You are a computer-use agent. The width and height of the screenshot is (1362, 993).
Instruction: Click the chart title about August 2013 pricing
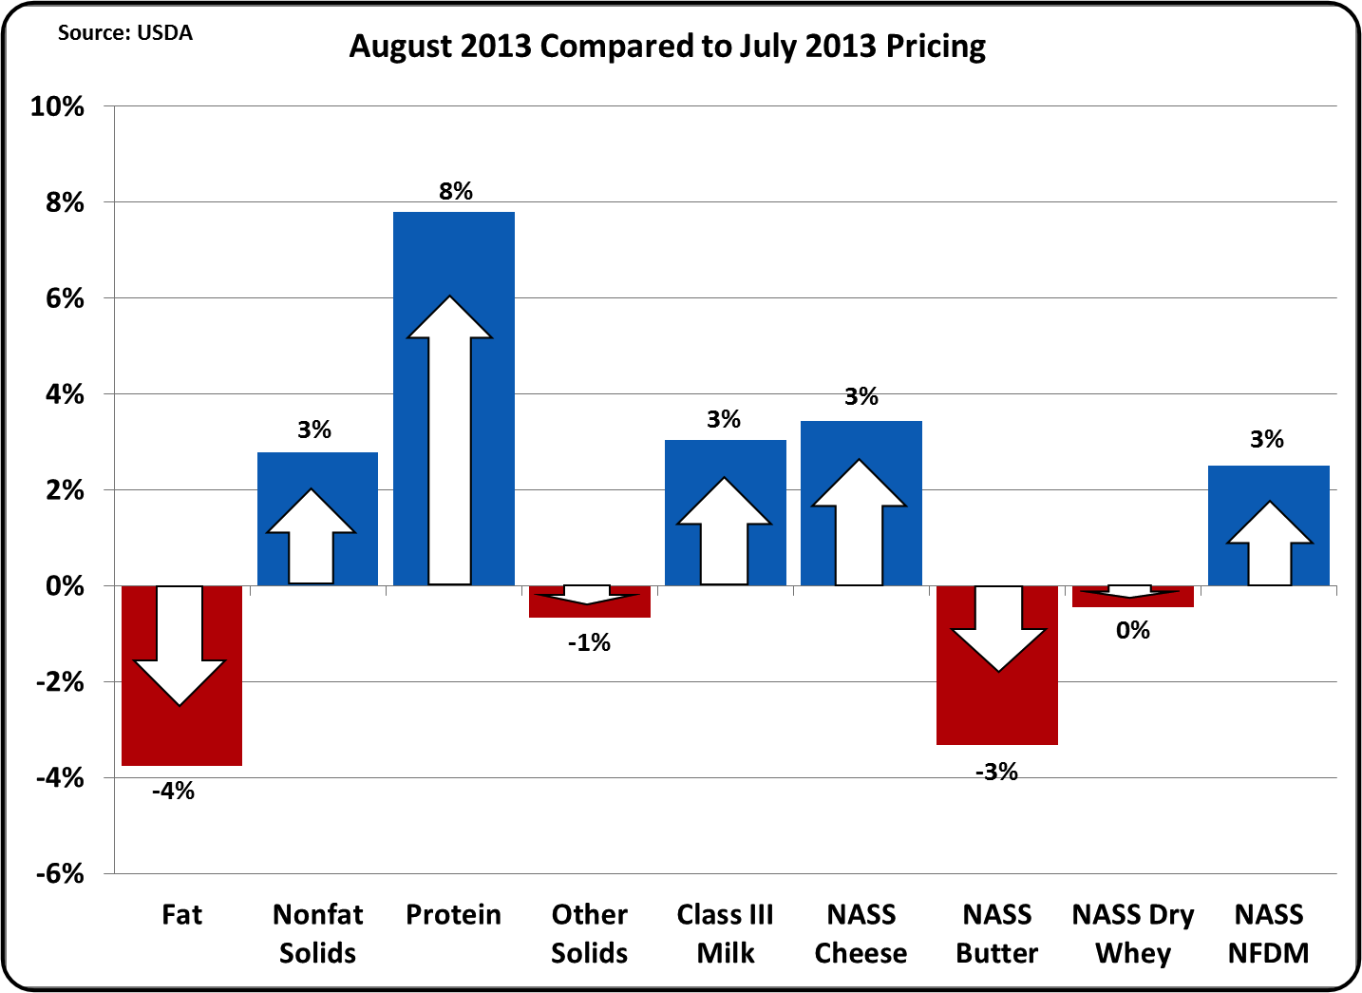tap(667, 46)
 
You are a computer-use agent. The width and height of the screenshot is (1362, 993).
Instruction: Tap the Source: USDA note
tap(124, 32)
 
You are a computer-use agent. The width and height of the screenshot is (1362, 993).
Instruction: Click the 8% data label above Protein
tap(456, 191)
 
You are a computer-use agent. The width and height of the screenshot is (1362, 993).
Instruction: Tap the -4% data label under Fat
tap(173, 791)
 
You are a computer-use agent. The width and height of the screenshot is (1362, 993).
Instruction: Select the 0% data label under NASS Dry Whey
tap(1133, 630)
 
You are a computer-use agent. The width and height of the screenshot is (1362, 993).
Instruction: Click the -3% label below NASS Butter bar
tap(996, 772)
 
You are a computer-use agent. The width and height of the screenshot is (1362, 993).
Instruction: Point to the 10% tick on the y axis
tap(57, 106)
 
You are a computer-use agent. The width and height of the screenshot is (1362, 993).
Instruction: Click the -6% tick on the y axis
tap(59, 873)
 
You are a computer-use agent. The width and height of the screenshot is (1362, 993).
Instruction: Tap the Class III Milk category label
tap(725, 933)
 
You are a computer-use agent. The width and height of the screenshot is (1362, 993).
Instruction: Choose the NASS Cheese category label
tap(861, 933)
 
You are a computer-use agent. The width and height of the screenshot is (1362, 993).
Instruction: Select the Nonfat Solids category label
tap(317, 933)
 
